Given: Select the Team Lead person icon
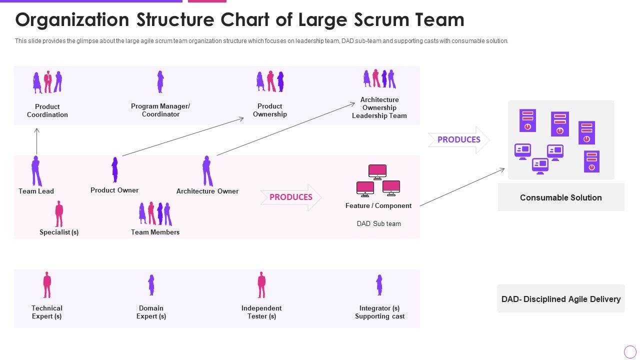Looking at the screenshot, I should pyautogui.click(x=36, y=171).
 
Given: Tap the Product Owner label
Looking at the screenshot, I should pyautogui.click(x=114, y=190).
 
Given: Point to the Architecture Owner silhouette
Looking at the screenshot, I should pyautogui.click(x=207, y=171).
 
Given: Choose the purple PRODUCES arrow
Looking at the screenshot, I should pyautogui.click(x=459, y=140).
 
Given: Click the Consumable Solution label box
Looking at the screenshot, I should pyautogui.click(x=561, y=197).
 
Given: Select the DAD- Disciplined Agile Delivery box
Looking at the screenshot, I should pyautogui.click(x=561, y=299).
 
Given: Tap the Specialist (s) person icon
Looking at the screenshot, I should pyautogui.click(x=59, y=214).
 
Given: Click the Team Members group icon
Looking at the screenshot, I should pyautogui.click(x=155, y=214).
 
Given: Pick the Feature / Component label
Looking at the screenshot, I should pyautogui.click(x=378, y=205).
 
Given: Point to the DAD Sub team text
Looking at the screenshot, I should pyautogui.click(x=378, y=223).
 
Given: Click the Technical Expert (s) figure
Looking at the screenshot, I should pyautogui.click(x=47, y=285).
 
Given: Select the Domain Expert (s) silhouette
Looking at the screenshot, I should pyautogui.click(x=151, y=285).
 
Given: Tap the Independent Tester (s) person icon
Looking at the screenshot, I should pyautogui.click(x=261, y=285).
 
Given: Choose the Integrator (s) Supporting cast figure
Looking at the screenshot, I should pyautogui.click(x=379, y=285).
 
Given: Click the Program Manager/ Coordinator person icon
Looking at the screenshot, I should pyautogui.click(x=160, y=81).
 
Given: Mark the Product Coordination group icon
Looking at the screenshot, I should pyautogui.click(x=47, y=82).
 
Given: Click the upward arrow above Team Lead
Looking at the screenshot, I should pyautogui.click(x=36, y=141).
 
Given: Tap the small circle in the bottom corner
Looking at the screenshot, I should pyautogui.click(x=630, y=351).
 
